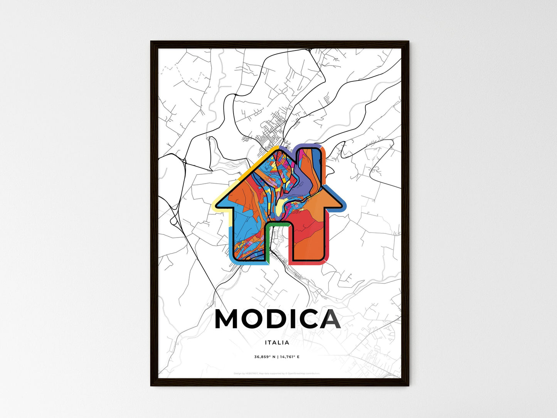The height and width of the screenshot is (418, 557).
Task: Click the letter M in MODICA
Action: (x=228, y=319)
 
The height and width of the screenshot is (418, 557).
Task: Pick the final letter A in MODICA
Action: (x=329, y=319)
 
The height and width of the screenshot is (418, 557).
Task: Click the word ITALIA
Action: (x=277, y=342)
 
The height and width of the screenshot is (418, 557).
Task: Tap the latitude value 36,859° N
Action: (x=264, y=357)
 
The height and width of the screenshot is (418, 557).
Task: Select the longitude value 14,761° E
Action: (x=289, y=357)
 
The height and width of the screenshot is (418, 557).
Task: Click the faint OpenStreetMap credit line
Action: (x=277, y=374)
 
